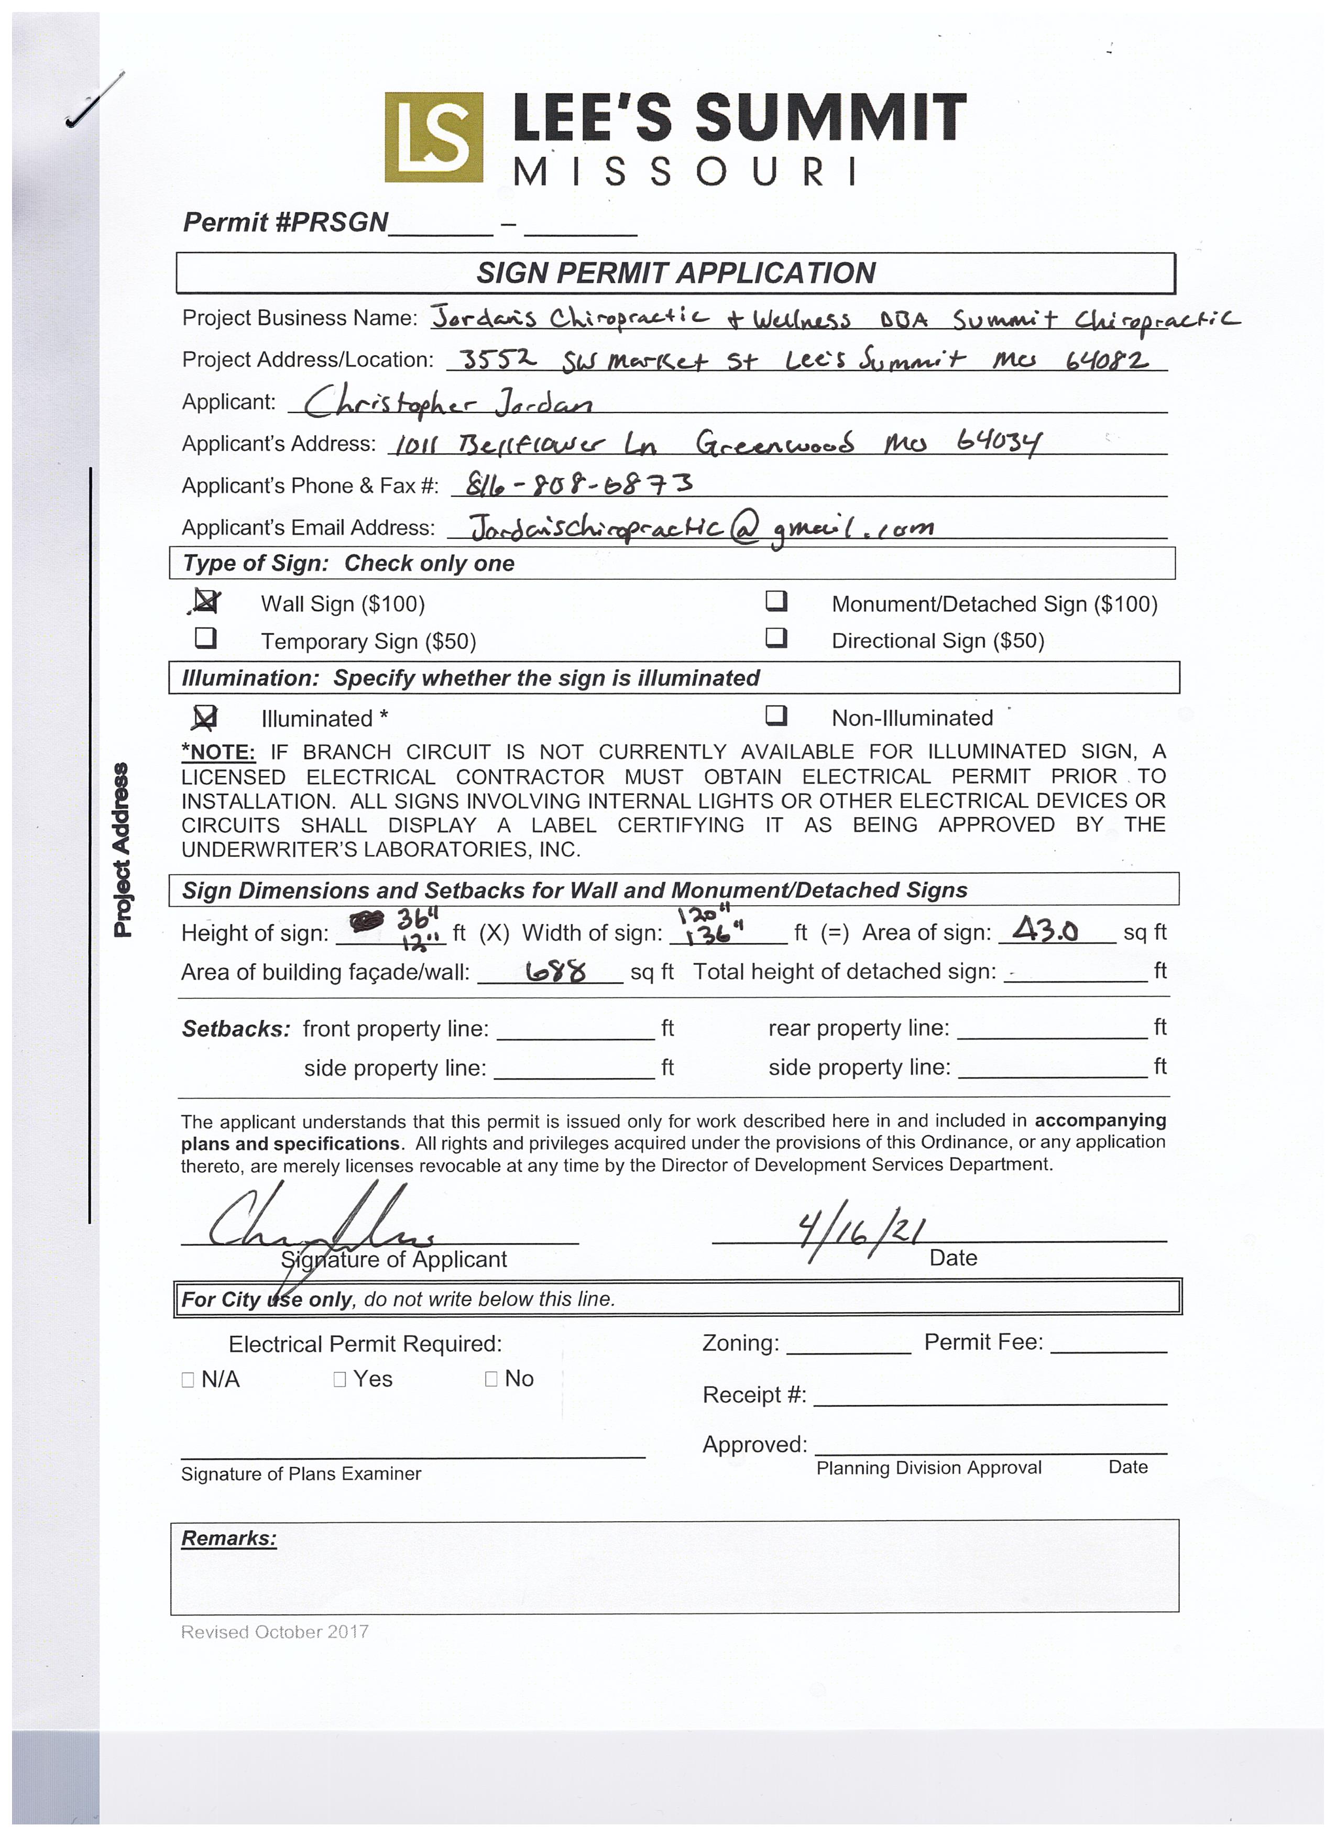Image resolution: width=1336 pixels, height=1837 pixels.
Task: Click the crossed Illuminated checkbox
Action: coord(206,717)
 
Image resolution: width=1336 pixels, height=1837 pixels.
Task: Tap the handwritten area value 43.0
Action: coord(1045,930)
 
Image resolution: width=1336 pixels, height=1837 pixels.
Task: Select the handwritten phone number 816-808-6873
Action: coord(571,485)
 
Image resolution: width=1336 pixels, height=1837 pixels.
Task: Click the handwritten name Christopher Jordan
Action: coord(447,400)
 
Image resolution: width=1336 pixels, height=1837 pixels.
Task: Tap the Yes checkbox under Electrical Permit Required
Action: coord(340,1379)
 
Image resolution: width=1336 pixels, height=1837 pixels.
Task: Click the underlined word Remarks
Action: coord(228,1538)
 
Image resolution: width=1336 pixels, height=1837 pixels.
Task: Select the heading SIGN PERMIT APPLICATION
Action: coord(676,273)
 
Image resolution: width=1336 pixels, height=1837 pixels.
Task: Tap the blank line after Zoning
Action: coord(848,1345)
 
